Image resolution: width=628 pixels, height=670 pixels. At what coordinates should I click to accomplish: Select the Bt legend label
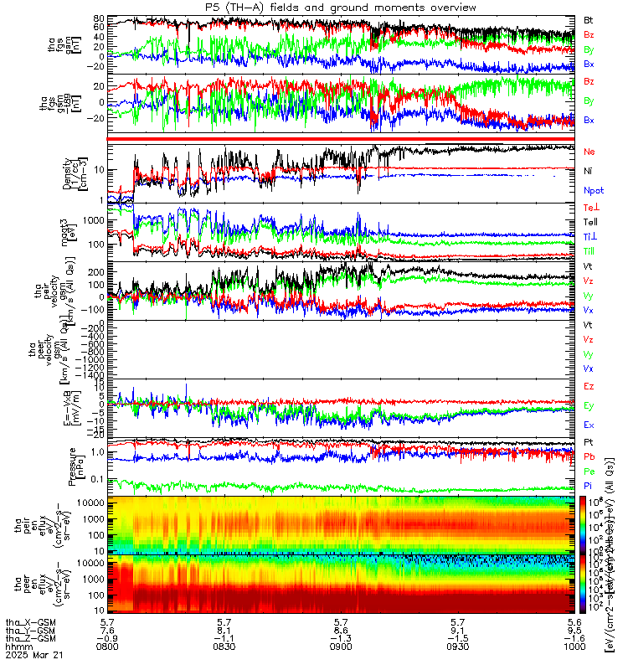point(589,18)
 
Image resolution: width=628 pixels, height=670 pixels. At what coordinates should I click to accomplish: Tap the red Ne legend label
point(589,151)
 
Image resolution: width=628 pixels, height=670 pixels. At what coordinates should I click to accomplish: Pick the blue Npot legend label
point(594,190)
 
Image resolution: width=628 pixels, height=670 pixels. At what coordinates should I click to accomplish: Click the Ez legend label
point(589,387)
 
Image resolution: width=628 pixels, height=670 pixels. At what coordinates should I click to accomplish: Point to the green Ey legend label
point(589,406)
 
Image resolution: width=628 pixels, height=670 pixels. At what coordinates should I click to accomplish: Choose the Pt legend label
point(589,441)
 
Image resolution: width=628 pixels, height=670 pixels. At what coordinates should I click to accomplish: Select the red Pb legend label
point(589,456)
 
